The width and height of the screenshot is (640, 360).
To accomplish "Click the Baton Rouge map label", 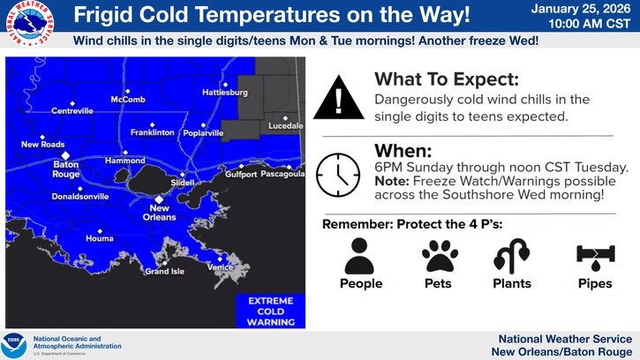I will pos(65,169).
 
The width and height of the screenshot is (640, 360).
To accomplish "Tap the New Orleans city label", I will pos(159,213).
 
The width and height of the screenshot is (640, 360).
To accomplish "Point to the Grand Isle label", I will pos(164,271).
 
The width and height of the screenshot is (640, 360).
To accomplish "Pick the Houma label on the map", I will pos(99,239).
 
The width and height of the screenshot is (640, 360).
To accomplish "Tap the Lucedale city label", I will pos(285,126).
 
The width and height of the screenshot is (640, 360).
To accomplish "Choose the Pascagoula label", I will pos(282,174).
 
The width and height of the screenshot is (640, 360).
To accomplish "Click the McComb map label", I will pos(128,100).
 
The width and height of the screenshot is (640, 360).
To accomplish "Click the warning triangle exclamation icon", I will pos(338,96).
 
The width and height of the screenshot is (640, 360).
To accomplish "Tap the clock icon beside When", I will pos(338,174).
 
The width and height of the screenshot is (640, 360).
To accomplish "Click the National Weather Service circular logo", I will pos(29,27).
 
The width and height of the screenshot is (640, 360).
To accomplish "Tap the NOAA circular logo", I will pos(15,344).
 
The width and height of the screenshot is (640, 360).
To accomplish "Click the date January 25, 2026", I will pos(581,9).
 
